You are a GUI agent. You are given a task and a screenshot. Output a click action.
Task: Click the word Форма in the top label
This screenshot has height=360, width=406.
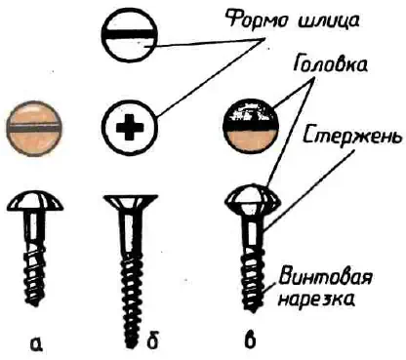tap(254, 21)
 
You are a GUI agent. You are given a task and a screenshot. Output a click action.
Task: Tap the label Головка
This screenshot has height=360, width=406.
tap(330, 65)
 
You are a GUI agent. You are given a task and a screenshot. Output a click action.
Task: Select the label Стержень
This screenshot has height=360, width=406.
tap(352, 138)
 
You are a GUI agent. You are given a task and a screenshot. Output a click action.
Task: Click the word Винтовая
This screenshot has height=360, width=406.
tap(325, 278)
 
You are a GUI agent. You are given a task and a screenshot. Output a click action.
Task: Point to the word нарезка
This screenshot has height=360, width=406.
tap(316, 299)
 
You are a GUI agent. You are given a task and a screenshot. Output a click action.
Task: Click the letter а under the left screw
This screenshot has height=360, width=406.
tap(36, 344)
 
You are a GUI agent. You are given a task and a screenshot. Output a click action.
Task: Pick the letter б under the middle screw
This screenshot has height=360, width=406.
tap(151, 342)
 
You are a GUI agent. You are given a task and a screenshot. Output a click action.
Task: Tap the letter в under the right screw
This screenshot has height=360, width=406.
tap(250, 341)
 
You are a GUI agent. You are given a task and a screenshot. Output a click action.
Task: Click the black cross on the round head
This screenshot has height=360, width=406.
tap(130, 128)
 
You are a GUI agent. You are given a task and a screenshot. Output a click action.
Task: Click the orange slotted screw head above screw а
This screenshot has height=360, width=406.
tap(34, 129)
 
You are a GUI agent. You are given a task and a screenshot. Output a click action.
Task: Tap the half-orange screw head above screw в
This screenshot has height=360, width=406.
tap(251, 128)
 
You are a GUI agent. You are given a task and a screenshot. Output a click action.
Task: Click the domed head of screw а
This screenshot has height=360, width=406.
tap(35, 202)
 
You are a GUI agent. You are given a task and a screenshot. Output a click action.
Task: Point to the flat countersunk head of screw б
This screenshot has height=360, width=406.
tap(129, 203)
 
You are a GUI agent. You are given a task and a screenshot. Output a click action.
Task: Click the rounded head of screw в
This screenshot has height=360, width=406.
tap(253, 199)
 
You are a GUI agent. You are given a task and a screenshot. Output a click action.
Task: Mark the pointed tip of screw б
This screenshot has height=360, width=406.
tap(130, 345)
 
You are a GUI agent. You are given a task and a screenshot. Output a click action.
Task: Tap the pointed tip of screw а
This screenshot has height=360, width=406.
tap(35, 303)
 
